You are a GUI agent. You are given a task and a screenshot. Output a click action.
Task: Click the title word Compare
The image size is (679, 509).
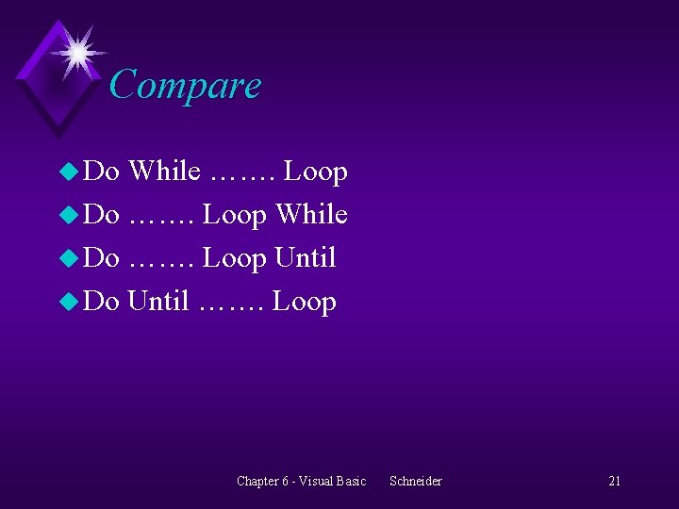tap(185, 86)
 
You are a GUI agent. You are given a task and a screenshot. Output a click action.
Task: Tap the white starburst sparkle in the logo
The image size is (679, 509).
tap(76, 51)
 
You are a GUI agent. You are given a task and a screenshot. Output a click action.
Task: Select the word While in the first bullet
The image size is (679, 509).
tap(164, 172)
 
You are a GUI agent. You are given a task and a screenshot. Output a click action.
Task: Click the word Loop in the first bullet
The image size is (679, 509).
tap(316, 172)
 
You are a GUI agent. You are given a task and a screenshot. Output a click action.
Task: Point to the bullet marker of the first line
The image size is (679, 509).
tap(69, 172)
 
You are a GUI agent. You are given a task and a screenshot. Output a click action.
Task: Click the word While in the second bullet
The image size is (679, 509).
tap(311, 215)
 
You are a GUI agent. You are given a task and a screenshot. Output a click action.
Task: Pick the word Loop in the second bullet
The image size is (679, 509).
tap(235, 215)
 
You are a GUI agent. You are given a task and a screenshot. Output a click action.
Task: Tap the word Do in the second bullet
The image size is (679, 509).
tap(102, 215)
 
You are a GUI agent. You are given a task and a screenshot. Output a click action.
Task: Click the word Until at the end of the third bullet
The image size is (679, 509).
tap(306, 257)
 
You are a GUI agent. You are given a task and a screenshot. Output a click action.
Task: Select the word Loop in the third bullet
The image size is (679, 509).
tap(235, 257)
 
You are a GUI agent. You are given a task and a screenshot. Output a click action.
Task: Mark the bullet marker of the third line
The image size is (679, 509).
tap(69, 258)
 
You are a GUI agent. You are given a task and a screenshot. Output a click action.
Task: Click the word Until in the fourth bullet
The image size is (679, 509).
tap(158, 302)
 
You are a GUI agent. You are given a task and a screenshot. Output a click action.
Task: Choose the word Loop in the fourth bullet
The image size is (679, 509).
tap(305, 302)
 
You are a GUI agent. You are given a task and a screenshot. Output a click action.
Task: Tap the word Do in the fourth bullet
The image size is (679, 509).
tap(102, 302)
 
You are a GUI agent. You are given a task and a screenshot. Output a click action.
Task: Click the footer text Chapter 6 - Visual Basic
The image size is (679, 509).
tap(301, 481)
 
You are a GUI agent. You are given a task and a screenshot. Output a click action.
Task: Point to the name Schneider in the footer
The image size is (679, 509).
tap(415, 481)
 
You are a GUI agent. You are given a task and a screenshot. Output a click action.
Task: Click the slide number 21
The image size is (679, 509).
tap(614, 481)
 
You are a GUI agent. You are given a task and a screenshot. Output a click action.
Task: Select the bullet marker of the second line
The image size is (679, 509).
tap(69, 215)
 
